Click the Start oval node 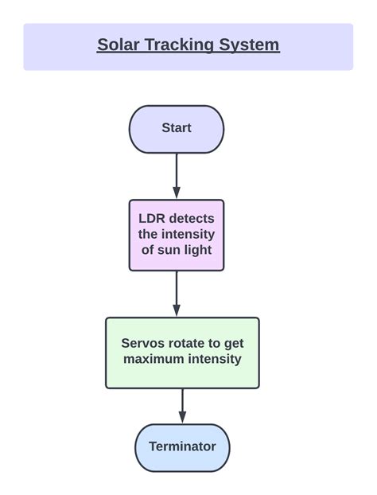coord(177,128)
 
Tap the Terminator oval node coord(182,446)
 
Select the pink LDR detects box coord(177,235)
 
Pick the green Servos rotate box coord(182,353)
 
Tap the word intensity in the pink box coord(188,234)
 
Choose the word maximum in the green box coord(154,359)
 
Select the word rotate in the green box coord(188,344)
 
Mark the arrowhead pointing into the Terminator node coord(182,418)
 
